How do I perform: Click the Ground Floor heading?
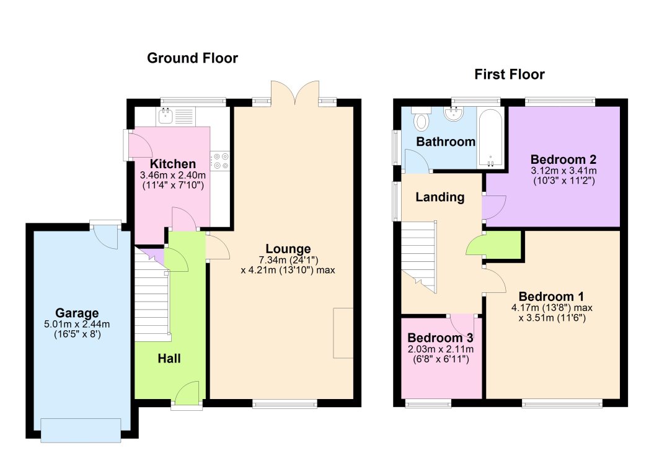192,58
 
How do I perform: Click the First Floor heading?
509,75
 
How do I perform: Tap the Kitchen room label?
173,164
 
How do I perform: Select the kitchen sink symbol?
166,115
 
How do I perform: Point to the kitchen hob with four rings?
220,161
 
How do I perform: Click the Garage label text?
77,313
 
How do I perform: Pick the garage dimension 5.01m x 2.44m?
77,324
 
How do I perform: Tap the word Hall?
169,358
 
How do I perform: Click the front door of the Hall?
187,396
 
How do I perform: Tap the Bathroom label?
445,141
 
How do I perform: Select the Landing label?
440,197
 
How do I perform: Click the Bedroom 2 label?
563,158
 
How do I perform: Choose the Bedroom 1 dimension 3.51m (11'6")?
552,318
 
